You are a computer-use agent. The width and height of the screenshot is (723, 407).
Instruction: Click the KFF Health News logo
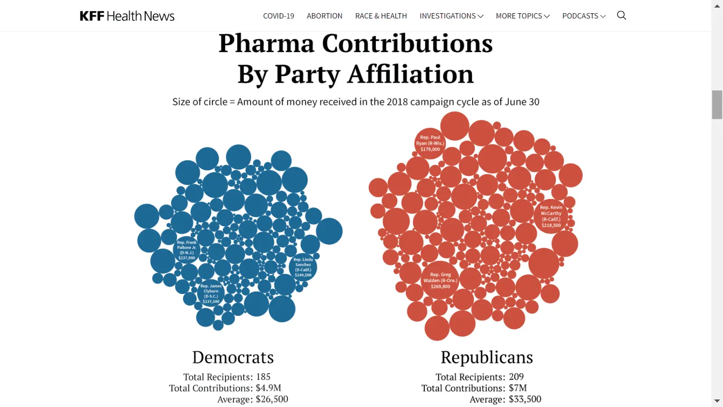[127, 16]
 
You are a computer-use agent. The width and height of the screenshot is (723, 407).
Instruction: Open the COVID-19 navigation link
[278, 16]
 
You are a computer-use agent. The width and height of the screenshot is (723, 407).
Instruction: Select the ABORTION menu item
[324, 16]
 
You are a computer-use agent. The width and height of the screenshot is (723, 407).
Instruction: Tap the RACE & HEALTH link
[381, 16]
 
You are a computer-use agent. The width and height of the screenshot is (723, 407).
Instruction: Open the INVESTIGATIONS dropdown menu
[451, 16]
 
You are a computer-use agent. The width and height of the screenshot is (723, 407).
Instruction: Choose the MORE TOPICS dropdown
[522, 16]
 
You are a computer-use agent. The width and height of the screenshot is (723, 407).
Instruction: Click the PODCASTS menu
[583, 16]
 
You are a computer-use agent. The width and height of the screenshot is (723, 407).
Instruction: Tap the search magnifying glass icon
[621, 15]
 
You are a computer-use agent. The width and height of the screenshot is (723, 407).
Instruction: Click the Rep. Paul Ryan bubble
[430, 143]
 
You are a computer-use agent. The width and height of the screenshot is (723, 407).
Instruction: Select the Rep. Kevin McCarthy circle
[551, 216]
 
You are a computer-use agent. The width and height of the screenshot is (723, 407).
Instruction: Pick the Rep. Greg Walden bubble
[440, 280]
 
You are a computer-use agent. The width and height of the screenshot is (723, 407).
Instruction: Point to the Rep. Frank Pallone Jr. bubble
[187, 250]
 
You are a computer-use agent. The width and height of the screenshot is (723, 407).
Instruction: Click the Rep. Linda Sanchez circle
[303, 267]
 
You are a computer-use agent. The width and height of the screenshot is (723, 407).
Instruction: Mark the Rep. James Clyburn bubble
[211, 293]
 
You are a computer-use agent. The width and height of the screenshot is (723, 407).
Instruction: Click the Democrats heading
[233, 357]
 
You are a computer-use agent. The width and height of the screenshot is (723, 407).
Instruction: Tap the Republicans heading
[487, 357]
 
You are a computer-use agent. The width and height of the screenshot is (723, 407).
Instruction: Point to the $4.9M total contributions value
[268, 388]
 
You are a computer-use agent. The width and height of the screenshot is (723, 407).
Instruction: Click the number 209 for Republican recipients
[516, 377]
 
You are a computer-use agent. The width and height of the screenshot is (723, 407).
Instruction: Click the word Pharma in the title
[266, 44]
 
